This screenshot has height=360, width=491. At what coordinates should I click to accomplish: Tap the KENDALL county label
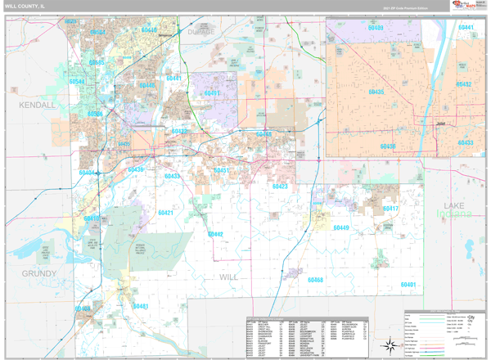tap(38, 106)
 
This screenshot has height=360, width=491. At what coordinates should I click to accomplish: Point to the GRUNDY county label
tap(39, 273)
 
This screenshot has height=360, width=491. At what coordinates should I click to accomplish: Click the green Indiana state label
tap(458, 214)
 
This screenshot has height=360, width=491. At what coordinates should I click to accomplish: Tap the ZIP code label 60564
tap(97, 33)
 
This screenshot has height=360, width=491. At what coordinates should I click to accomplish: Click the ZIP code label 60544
tap(78, 82)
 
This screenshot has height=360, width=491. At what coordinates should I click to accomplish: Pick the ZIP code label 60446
tap(146, 85)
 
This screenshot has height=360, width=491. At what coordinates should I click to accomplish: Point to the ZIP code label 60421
tap(166, 213)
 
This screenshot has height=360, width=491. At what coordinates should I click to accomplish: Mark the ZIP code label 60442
tap(215, 234)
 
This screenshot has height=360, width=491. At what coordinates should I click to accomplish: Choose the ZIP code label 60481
tap(141, 307)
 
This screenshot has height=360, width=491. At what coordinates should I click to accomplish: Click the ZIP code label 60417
tap(390, 209)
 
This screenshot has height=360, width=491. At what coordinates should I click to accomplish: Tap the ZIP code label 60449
tap(340, 227)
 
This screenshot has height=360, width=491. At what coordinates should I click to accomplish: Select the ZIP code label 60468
tap(315, 280)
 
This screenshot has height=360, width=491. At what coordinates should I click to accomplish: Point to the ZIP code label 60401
tap(408, 284)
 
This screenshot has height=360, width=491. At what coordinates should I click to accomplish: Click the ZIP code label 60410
tap(92, 218)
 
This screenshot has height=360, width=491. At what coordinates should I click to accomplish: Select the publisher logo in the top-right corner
tap(466, 7)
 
